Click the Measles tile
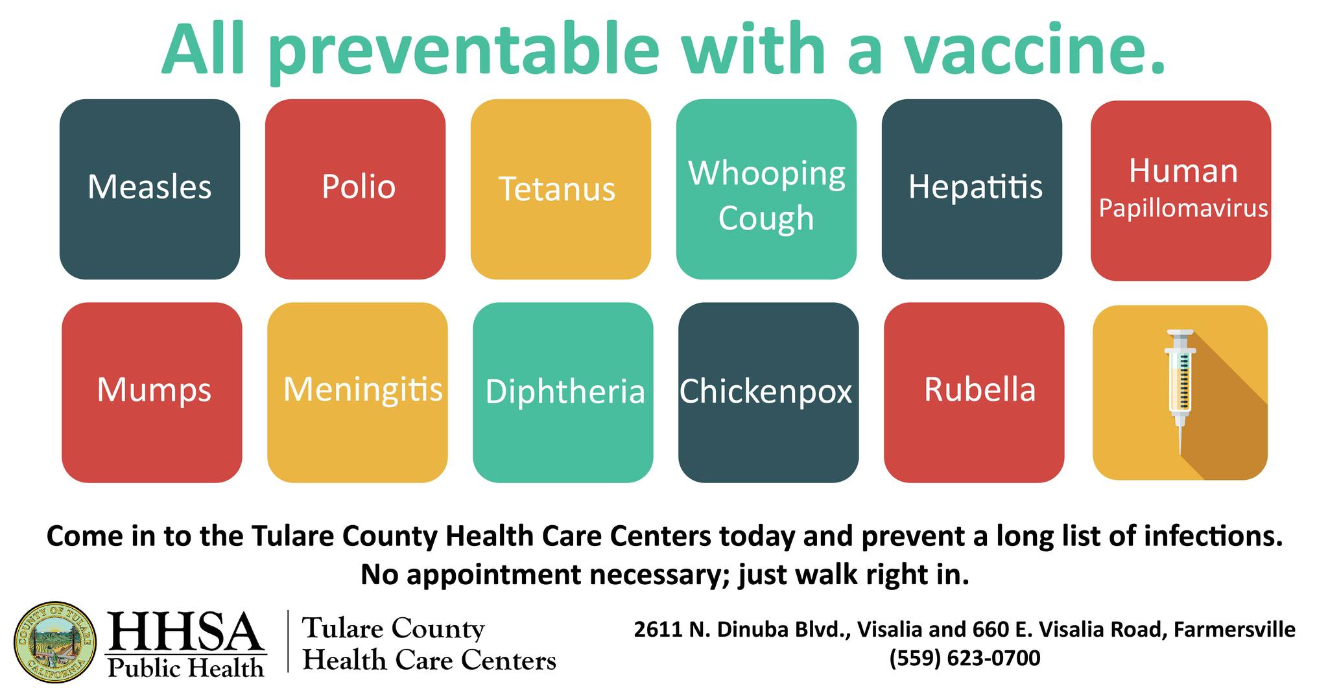150,189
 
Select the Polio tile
355,189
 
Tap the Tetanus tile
561,189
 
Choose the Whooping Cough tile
766,189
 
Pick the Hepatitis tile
972,189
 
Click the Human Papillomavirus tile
1181,191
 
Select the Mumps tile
152,392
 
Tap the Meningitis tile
357,392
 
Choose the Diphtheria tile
563,392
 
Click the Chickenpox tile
768,392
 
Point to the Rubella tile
974,392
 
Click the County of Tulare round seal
56,642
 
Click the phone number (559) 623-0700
965,658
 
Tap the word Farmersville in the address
1235,630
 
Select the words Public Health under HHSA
186,667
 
